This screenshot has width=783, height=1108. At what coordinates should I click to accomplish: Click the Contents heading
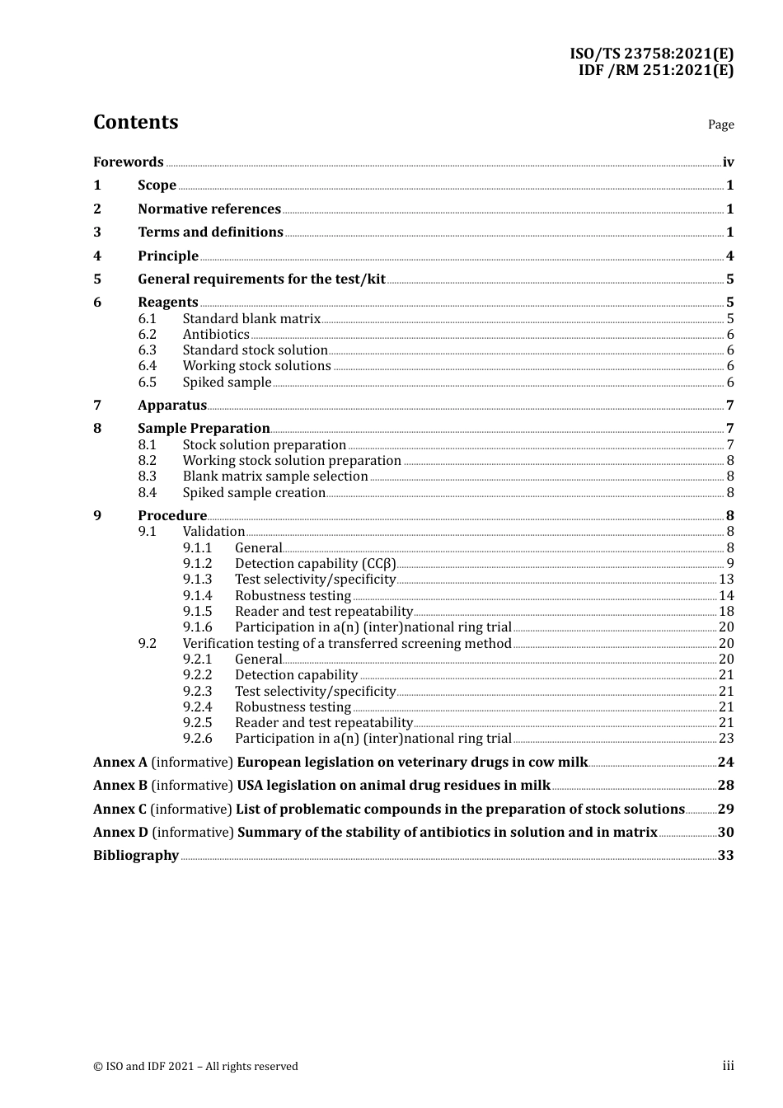(135, 122)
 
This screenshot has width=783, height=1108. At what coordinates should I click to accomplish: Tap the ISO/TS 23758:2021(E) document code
(651, 54)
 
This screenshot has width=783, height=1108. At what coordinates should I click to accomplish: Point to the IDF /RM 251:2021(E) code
(655, 70)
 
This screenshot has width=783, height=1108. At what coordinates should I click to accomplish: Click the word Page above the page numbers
(720, 124)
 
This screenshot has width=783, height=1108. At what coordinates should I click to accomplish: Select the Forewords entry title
(129, 162)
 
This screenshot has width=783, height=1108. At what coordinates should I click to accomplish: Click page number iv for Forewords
(728, 162)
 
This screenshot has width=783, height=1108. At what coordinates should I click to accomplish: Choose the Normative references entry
(209, 209)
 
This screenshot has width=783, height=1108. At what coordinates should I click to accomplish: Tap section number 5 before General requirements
(97, 279)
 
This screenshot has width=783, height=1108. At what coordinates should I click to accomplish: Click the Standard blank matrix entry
(251, 318)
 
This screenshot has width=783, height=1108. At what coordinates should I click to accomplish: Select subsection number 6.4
(148, 365)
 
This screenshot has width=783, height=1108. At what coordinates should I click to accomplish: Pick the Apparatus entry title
(172, 405)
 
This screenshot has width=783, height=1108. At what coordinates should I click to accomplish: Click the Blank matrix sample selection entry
(275, 476)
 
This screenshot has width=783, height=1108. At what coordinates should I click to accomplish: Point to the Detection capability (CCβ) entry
(315, 563)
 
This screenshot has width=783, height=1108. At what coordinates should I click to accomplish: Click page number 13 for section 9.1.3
(726, 579)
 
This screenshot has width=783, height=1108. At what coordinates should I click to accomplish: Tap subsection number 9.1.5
(197, 611)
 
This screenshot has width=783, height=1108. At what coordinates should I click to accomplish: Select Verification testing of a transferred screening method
(347, 643)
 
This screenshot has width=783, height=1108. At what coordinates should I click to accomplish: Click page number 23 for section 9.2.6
(726, 738)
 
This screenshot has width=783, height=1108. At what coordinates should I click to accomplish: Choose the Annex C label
(120, 809)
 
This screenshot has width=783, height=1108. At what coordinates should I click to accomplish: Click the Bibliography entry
(136, 855)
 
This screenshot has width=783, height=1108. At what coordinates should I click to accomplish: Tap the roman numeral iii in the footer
(728, 1066)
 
